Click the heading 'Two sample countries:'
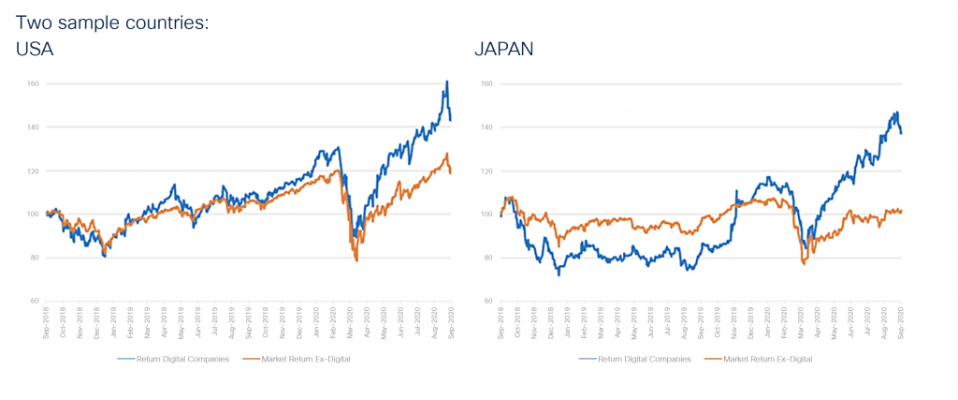[x=111, y=20]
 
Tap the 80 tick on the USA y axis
[x=34, y=258]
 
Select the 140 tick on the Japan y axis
[x=486, y=127]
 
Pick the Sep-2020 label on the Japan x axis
[x=900, y=323]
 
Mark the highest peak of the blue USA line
[x=446, y=81]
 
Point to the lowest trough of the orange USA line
[x=356, y=260]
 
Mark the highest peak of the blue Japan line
[x=895, y=112]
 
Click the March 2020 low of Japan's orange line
[x=804, y=264]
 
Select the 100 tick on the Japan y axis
[x=486, y=215]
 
